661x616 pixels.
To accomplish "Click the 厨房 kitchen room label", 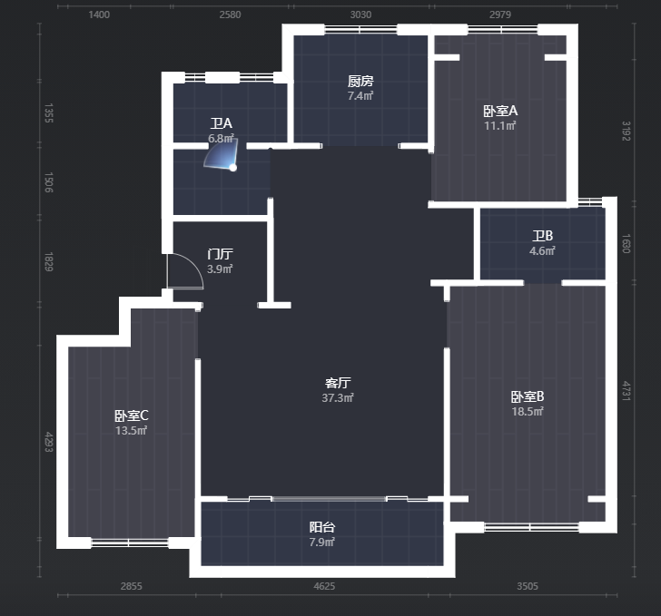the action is pos(360,81).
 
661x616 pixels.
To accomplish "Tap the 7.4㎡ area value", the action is pos(360,95).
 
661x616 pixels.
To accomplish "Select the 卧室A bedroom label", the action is pos(500,111).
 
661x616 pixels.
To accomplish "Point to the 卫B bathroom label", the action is pos(543,236).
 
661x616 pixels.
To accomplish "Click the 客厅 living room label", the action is pos(338,383).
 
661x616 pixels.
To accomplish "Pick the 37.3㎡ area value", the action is pos(338,397).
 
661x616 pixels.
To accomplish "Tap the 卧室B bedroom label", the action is pos(528,396).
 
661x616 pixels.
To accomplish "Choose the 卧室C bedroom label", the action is pos(131,416).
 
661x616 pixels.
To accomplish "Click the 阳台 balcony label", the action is pos(322,527).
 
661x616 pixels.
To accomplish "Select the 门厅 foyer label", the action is pos(220,254).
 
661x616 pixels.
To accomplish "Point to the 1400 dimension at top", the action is pos(99,15).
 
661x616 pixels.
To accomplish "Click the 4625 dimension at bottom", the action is pos(325,586).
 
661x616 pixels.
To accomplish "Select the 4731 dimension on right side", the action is pos(626,391).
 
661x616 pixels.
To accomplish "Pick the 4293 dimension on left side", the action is pos(49,442).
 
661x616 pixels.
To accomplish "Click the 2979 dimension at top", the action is pos(500,15).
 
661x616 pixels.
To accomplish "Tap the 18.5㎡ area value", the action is pos(528,411).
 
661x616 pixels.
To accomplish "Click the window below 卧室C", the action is pos(130,543).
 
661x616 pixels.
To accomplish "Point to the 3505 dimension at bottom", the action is pos(528,586).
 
